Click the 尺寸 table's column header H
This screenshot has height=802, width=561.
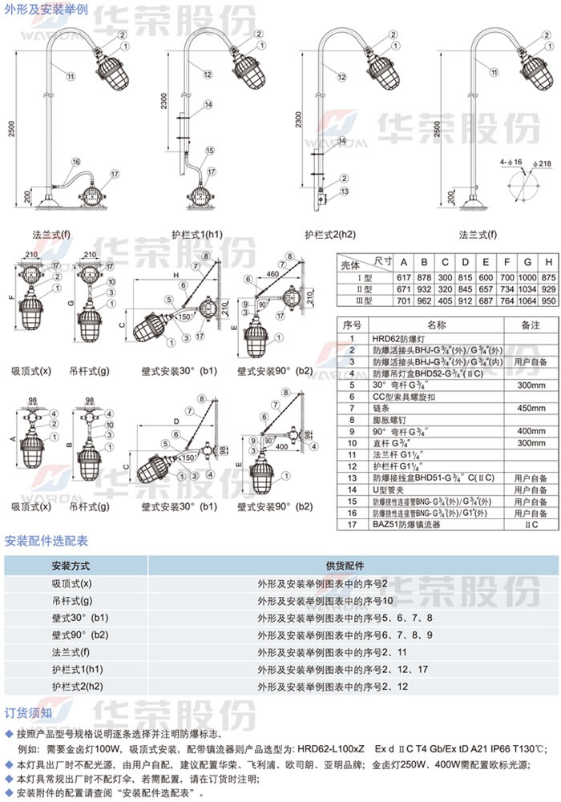(549, 263)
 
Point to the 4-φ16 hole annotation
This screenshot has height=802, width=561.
(511, 163)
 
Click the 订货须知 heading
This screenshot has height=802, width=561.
(29, 712)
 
